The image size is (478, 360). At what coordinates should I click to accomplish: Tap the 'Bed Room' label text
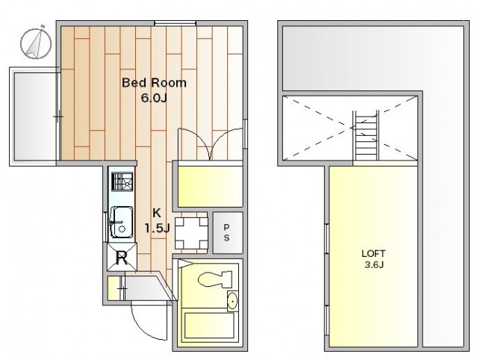154,83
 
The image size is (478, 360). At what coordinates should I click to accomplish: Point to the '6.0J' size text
154,98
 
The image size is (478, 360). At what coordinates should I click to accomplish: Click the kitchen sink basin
122,222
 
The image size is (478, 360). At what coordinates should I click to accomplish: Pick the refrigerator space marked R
122,257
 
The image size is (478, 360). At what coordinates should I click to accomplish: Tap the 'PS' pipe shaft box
227,232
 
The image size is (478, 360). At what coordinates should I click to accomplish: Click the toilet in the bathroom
215,279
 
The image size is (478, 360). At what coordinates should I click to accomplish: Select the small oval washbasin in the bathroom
232,301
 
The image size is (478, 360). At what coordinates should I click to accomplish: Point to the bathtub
209,325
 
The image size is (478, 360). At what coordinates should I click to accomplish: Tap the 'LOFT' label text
373,253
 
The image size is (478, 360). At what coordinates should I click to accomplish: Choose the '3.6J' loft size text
374,264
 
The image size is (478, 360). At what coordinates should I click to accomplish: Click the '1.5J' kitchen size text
157,228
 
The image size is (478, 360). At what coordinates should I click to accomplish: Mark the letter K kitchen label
156,213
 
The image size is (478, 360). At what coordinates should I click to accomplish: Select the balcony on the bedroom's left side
34,117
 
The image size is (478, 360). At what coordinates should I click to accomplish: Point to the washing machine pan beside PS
191,233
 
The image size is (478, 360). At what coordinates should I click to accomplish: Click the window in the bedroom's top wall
175,23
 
